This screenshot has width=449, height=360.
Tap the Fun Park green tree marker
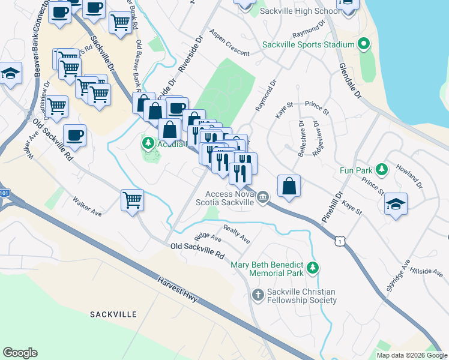click(x=381, y=169)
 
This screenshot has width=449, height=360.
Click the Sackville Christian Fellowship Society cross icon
click(x=257, y=294)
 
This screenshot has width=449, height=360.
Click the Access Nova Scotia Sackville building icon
click(x=263, y=197)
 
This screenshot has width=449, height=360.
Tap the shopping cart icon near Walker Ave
click(x=132, y=200)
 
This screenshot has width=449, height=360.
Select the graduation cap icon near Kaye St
click(x=396, y=204)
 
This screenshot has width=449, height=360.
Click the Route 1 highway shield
click(x=341, y=241)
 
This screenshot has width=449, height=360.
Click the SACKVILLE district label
click(x=113, y=314)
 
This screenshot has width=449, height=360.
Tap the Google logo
click(x=20, y=353)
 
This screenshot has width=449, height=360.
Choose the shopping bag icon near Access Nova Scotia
click(x=289, y=186)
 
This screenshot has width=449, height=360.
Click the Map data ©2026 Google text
click(x=412, y=355)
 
